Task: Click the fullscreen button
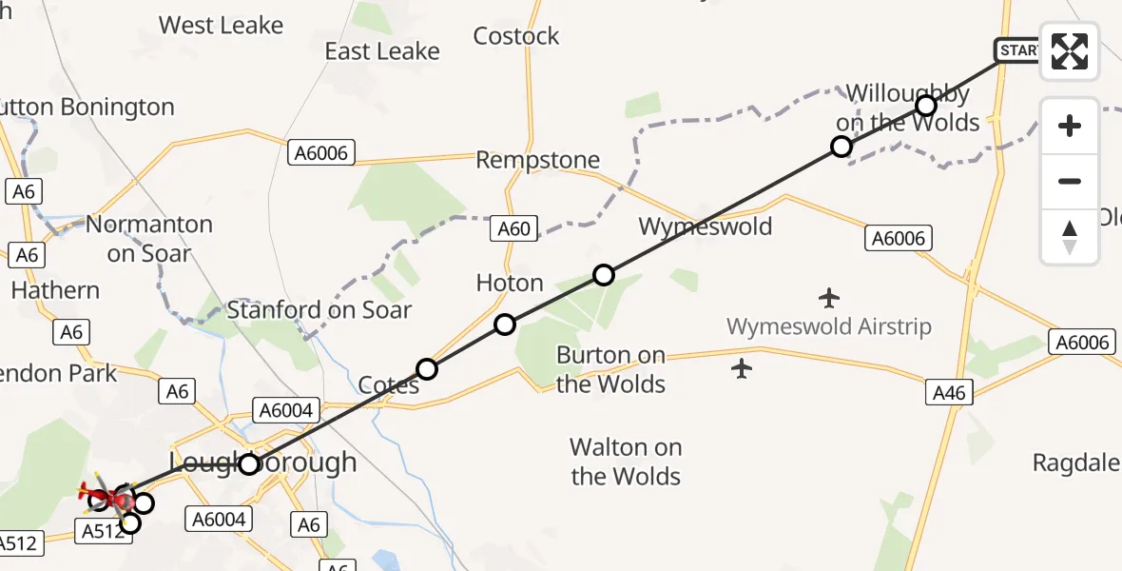coord(1070,50)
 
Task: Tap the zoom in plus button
coord(1070,126)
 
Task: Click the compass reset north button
coord(1070,237)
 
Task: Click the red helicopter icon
coord(113,497)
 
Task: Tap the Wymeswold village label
coord(705,226)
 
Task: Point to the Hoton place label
coord(510,283)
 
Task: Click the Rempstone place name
coord(538,160)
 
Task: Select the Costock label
coord(516,36)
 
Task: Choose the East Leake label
coord(382,51)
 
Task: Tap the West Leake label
coord(221,26)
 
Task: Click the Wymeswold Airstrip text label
coord(829,326)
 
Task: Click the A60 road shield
coord(513,228)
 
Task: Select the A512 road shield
coord(103,531)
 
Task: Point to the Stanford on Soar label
coord(319,309)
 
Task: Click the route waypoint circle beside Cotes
coord(427,369)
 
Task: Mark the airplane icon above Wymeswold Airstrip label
coord(829,298)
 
